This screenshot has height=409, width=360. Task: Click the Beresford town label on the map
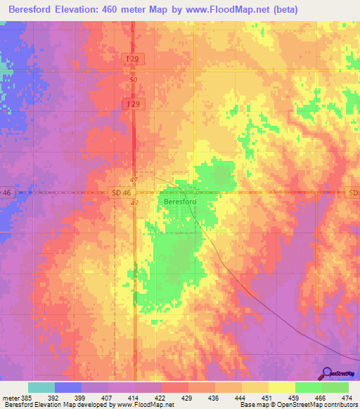tap(179, 202)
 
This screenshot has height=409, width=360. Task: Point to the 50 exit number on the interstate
tap(134, 80)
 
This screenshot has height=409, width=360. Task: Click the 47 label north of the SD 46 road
tap(134, 181)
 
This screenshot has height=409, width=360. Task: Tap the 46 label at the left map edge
tap(6, 192)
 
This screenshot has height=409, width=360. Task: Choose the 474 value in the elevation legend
tap(347, 398)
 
